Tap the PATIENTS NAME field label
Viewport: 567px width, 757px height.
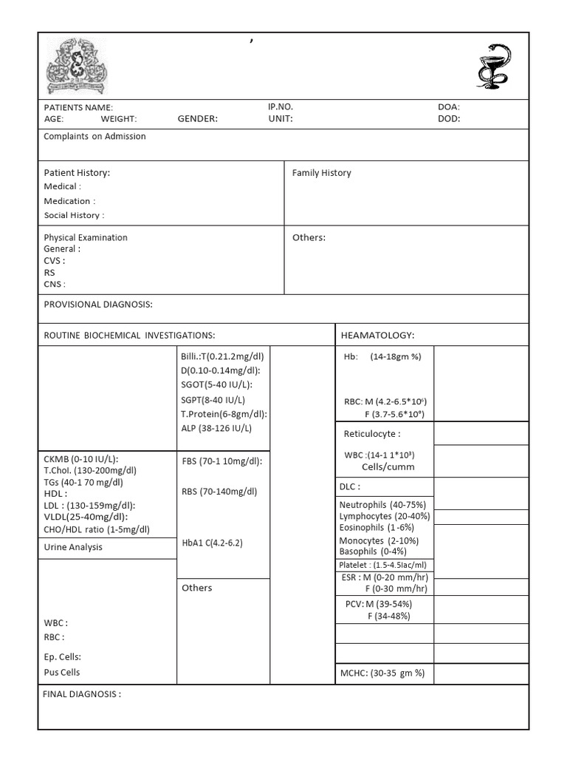coord(78,107)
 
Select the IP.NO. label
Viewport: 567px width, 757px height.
coord(281,106)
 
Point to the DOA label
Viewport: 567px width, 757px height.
coord(448,107)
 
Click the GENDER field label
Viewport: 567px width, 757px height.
coord(197,118)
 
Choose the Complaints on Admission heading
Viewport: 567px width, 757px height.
coord(94,137)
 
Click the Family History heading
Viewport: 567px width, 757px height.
coord(321,173)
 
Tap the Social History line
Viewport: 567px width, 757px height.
coord(74,215)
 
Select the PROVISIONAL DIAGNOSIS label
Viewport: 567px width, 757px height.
coord(98,305)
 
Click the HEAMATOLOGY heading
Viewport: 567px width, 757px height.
coord(377,336)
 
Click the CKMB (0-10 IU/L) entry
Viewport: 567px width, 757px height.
coord(80,458)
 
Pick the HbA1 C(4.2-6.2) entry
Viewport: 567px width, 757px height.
coord(212,543)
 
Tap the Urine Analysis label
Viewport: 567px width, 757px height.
coord(73,547)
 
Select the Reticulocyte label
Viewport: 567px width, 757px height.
coord(372,434)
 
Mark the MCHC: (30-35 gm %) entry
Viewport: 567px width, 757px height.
coord(382,673)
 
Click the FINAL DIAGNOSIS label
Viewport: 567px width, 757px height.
coord(82,695)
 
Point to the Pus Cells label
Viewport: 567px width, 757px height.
coord(62,672)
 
